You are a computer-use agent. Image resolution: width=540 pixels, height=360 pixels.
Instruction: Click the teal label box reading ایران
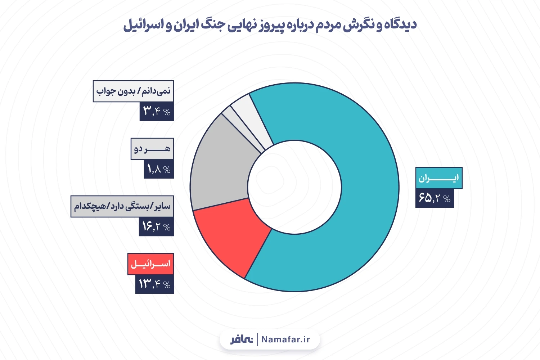(x=438, y=178)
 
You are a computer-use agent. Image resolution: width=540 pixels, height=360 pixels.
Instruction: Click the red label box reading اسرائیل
(x=150, y=264)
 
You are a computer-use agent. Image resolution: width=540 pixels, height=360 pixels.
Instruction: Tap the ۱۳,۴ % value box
(x=154, y=284)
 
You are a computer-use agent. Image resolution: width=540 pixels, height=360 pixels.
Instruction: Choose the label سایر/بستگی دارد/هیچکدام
(x=122, y=206)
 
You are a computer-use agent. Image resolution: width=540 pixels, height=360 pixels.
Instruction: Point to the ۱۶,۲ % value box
(x=156, y=227)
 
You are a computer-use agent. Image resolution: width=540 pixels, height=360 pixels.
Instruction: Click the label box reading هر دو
(x=152, y=149)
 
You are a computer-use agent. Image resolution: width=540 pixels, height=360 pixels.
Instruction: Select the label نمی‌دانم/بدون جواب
(x=133, y=91)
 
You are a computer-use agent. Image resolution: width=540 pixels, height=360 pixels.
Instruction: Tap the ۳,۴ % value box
(x=157, y=111)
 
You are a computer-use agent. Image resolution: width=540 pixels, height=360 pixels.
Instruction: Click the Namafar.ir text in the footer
(x=285, y=339)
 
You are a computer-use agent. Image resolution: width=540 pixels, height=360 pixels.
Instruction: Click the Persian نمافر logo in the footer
(x=242, y=339)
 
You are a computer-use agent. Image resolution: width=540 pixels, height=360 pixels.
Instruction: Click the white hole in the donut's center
(x=294, y=186)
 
